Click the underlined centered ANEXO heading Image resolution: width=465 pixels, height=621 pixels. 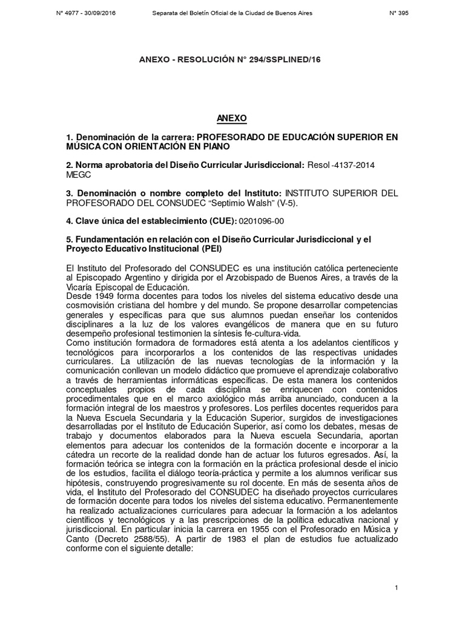point(232,117)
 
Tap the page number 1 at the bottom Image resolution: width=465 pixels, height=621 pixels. point(395,588)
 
